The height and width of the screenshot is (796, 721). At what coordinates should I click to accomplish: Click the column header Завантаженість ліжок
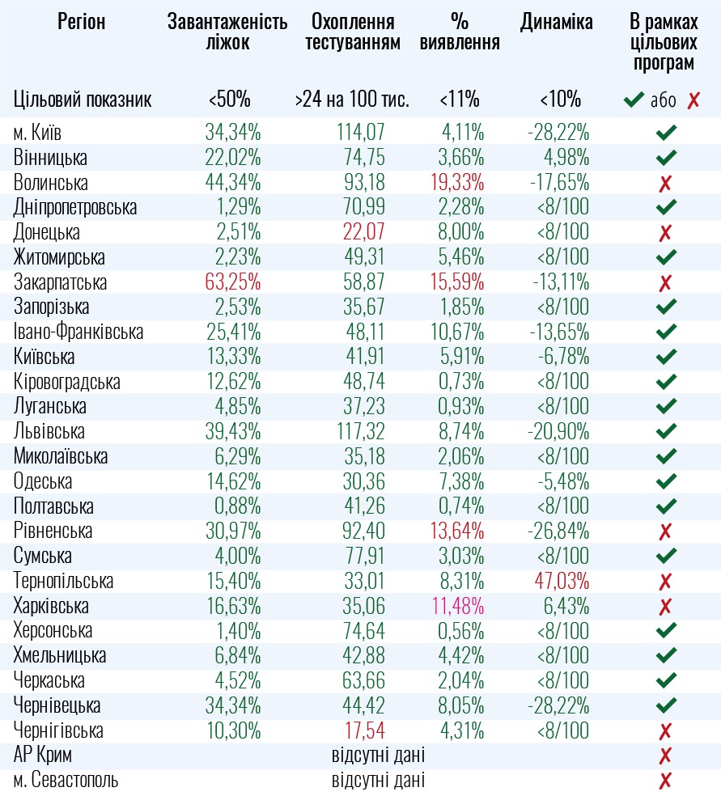(x=227, y=32)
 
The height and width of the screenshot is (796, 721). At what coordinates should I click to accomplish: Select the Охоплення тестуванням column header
(x=352, y=32)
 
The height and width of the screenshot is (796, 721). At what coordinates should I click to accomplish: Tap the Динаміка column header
(x=557, y=22)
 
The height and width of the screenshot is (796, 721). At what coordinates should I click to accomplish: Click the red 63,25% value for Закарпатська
(x=232, y=283)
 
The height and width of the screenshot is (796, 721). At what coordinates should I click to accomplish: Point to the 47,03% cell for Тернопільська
(x=560, y=582)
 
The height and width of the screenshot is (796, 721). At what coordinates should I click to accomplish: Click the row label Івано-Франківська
(x=78, y=332)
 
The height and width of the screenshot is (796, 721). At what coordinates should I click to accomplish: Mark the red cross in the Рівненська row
(x=665, y=532)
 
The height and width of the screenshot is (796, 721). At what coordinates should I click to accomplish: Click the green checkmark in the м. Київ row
(x=666, y=133)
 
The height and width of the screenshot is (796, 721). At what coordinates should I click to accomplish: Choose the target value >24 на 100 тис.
(x=352, y=100)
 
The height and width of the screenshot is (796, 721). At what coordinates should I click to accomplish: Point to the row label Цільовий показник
(x=83, y=100)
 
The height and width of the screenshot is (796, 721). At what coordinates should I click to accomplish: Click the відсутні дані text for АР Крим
(x=378, y=756)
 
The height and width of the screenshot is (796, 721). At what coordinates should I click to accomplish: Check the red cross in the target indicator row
(x=693, y=101)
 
